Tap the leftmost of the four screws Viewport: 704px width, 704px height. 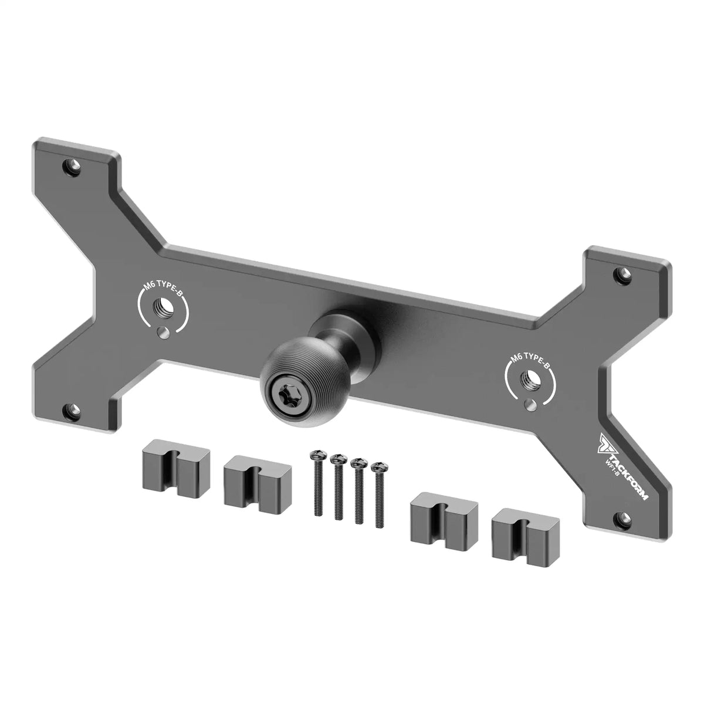pyautogui.click(x=317, y=484)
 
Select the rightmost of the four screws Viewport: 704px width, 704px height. pyautogui.click(x=379, y=495)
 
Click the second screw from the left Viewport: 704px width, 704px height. pyautogui.click(x=338, y=488)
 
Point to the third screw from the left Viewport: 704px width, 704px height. pyautogui.click(x=358, y=492)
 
